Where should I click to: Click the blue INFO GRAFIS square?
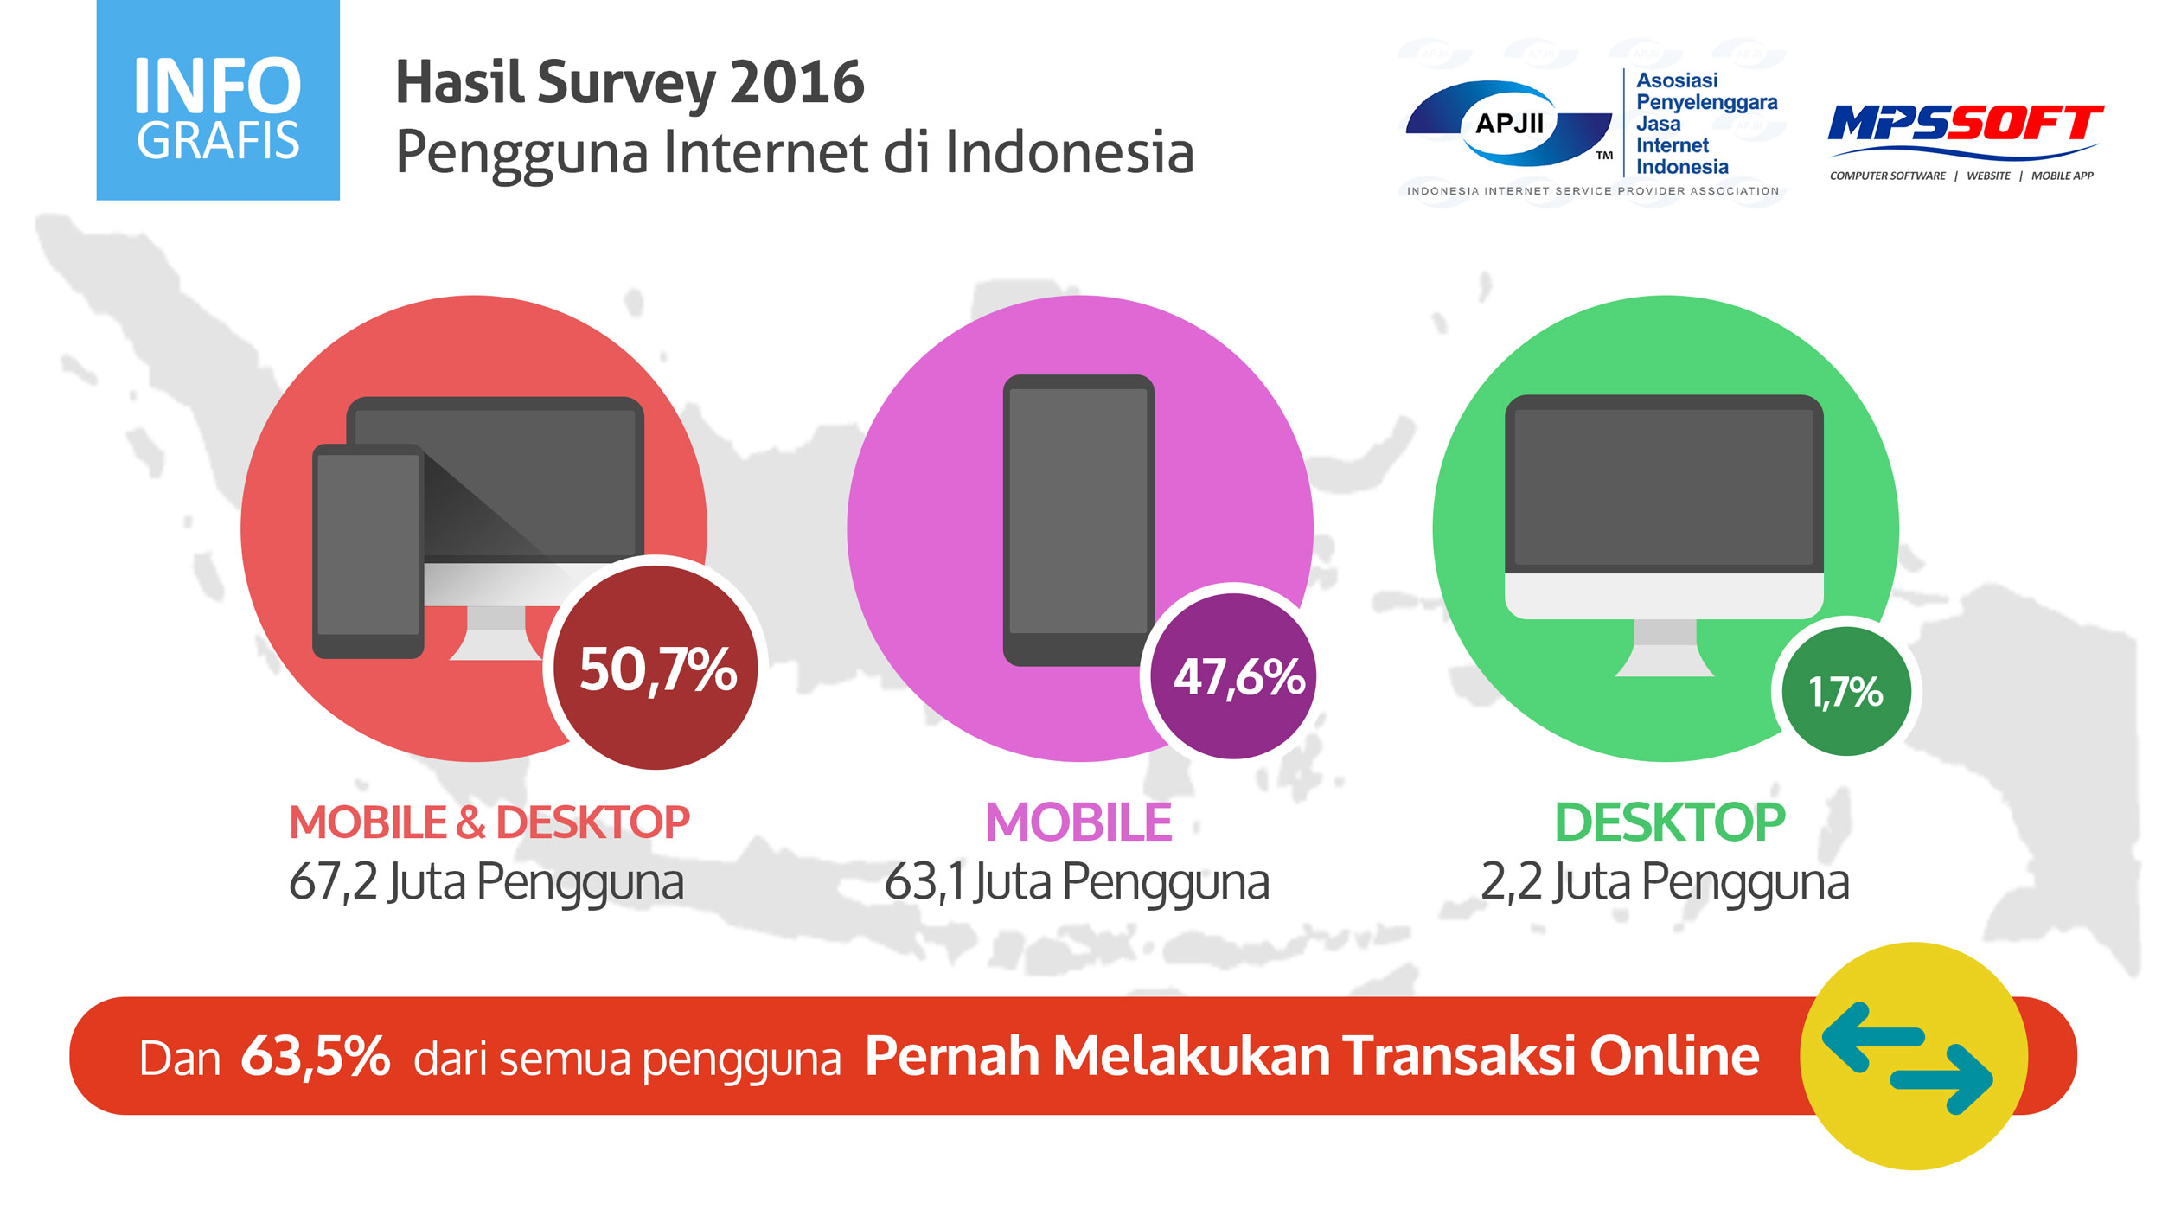[x=218, y=100]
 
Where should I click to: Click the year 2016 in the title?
[x=796, y=83]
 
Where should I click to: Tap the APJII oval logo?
[x=1509, y=124]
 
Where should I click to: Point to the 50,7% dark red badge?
[x=656, y=668]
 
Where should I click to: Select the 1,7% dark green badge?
[x=1846, y=691]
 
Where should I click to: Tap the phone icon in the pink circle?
[x=1078, y=520]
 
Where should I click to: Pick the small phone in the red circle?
[x=368, y=551]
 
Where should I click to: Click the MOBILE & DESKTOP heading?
[x=489, y=822]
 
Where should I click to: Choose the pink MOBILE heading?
[x=1078, y=822]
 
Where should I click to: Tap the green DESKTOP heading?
[x=1670, y=822]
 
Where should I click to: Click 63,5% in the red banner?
[x=316, y=1057]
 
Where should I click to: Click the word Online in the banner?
[x=1674, y=1056]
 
